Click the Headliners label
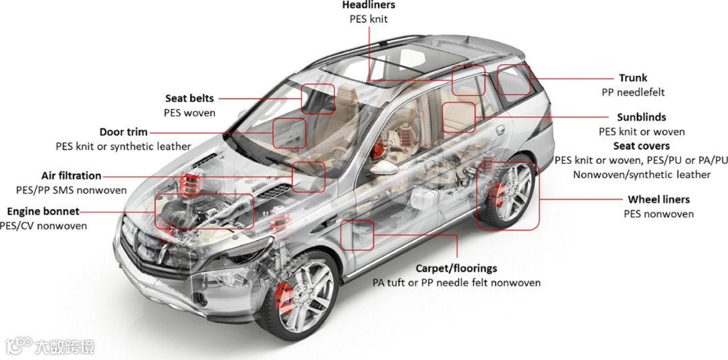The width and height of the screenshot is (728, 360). point(368,5)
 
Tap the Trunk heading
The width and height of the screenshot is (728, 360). point(633,78)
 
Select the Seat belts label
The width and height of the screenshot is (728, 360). point(189,98)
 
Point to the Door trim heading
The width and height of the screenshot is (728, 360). point(123,132)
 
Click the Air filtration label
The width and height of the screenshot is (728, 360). point(71,176)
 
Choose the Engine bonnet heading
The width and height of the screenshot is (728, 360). point(43,211)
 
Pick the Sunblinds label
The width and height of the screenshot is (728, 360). point(641,117)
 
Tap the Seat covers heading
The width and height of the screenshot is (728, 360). point(641,146)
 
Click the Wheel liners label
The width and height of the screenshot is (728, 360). point(659,200)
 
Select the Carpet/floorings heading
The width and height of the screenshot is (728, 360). point(456,268)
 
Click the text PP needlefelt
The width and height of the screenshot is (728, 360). point(633,92)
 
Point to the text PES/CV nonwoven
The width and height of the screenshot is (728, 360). point(43,226)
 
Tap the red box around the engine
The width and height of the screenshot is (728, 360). point(205,211)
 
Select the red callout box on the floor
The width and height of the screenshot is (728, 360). point(357,235)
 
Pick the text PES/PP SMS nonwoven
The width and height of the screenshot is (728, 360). point(71,190)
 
